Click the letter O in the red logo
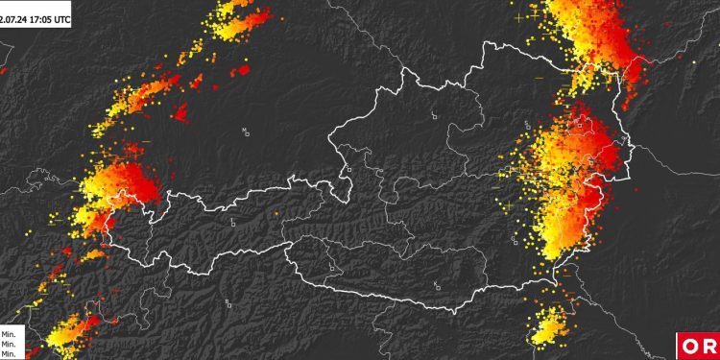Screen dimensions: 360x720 [690, 347]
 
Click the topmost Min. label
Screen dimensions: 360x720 [9, 333]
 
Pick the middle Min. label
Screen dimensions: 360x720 [9, 344]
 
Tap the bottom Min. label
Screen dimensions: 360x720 [9, 354]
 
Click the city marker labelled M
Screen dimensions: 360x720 [246, 132]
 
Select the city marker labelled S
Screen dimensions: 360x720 [348, 170]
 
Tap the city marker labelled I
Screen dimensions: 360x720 [233, 223]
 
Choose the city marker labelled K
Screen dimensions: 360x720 [438, 286]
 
